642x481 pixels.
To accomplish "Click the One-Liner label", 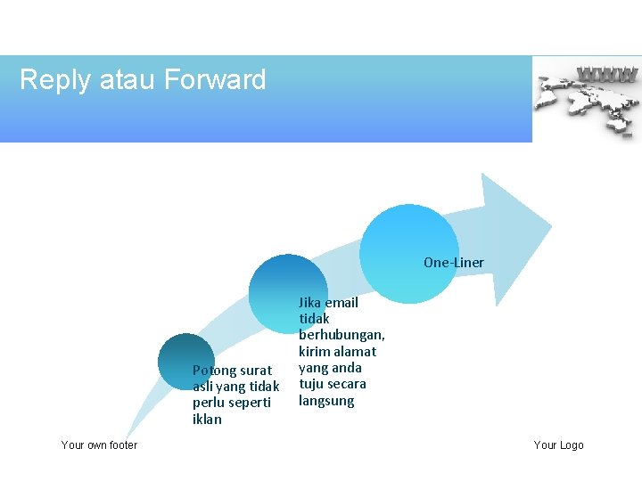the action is [x=453, y=262].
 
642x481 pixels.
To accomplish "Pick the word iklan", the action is [x=207, y=419].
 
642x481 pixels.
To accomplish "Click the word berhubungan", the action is [x=342, y=335].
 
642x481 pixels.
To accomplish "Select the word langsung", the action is [x=325, y=401].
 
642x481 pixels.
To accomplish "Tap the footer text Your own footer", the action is [x=99, y=444].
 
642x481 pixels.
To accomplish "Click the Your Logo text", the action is [x=558, y=444].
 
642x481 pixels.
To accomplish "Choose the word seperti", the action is [x=250, y=402].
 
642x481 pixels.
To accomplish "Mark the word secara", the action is [x=346, y=384].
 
